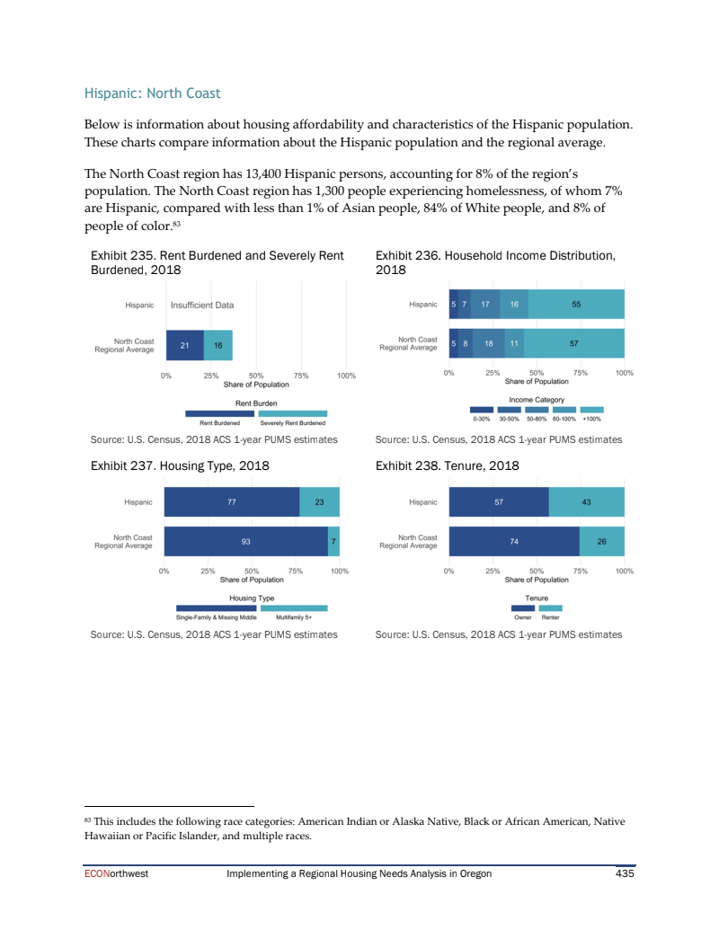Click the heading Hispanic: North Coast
pos(152,93)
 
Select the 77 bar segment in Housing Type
pos(231,502)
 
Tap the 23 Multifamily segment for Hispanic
pos(319,502)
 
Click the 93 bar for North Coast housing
pos(245,541)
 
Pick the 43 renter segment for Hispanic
pos(586,502)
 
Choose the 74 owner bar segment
pos(513,541)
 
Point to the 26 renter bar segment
pos(601,541)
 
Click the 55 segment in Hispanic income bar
pos(576,305)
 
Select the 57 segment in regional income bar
pos(573,343)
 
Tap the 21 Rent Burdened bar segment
pos(184,345)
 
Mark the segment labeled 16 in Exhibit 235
pos(218,345)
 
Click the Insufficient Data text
pos(201,305)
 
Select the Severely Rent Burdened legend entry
pos(293,422)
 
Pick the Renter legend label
pos(551,617)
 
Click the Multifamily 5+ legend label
pos(294,617)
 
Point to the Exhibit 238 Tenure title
pos(447,465)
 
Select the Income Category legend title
pos(537,399)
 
